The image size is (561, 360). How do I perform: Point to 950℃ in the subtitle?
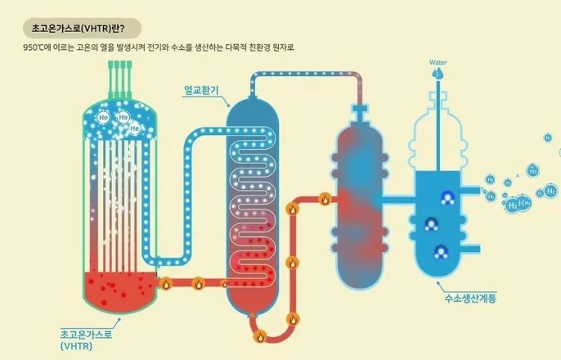[35, 47]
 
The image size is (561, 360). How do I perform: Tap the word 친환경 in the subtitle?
[248, 47]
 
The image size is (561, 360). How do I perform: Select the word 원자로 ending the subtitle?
[279, 47]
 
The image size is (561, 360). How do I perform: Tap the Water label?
[439, 62]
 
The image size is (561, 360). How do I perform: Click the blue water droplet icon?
[439, 74]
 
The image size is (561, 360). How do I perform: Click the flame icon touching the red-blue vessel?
[324, 199]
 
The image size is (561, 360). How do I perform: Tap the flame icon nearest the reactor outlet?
[165, 284]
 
